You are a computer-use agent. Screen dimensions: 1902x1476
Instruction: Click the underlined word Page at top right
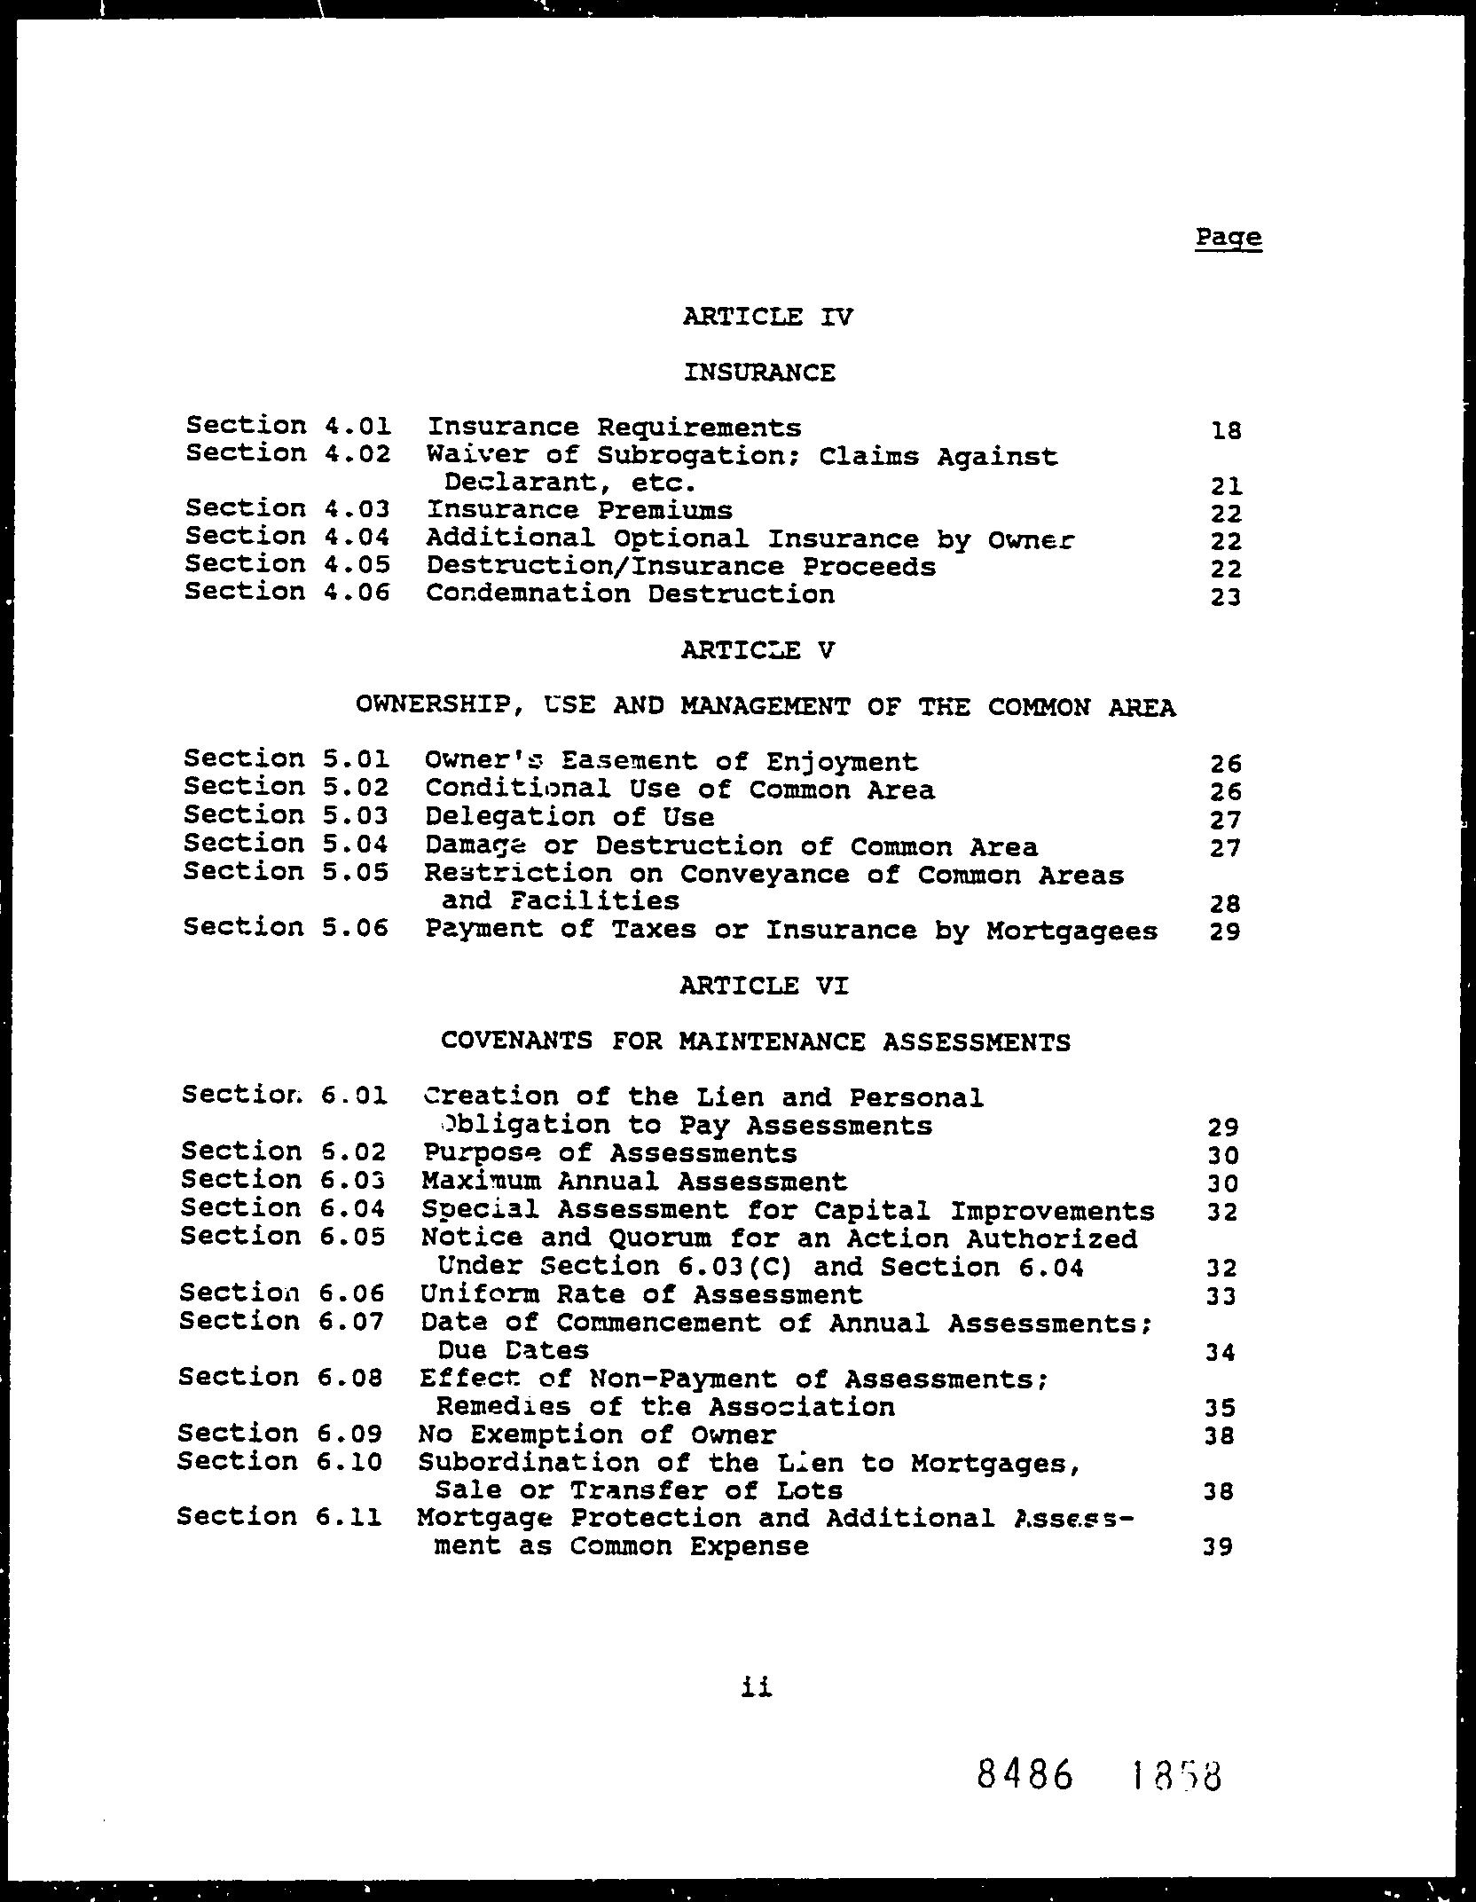click(1228, 238)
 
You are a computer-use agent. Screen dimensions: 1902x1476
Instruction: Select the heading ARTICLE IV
click(767, 317)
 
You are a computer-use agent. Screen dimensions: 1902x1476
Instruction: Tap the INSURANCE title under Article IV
click(759, 372)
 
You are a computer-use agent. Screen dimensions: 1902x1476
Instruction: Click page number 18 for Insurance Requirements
click(1225, 431)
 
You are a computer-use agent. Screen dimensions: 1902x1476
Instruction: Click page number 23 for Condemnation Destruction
click(1225, 597)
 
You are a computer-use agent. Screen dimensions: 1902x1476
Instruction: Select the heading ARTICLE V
click(758, 650)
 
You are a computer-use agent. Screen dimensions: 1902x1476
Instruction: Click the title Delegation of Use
click(569, 816)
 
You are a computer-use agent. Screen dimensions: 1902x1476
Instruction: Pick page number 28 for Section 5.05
click(1224, 904)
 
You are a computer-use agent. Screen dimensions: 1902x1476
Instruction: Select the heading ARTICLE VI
click(764, 986)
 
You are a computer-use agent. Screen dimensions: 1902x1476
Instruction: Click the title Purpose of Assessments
click(609, 1153)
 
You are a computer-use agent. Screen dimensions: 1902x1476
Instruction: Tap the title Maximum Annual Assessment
click(634, 1182)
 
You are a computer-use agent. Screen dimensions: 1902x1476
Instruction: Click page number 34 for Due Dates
click(1221, 1353)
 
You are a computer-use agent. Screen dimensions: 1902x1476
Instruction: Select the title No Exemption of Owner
click(597, 1434)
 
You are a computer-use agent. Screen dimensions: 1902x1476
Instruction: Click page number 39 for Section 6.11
click(1220, 1547)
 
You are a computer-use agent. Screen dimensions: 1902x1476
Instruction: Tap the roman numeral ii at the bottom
click(756, 1687)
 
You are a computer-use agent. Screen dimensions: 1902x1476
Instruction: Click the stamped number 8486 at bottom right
click(1025, 1776)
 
